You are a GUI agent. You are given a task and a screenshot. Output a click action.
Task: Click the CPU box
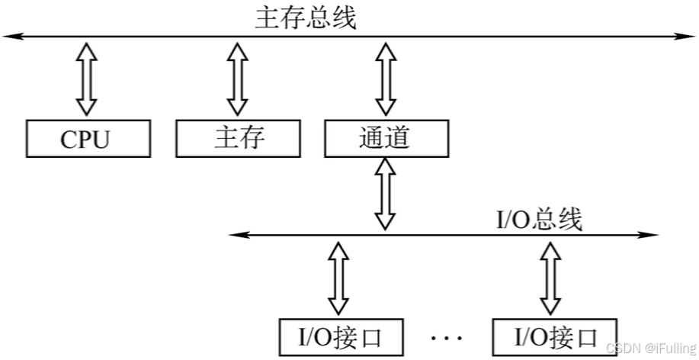[x=85, y=138]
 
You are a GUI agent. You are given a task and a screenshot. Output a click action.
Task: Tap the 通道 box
[x=386, y=138]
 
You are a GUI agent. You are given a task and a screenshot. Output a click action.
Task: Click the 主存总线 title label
[x=305, y=17]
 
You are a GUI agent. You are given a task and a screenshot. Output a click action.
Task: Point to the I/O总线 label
[x=539, y=220]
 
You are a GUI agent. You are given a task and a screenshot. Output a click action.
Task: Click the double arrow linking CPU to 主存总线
[x=87, y=79]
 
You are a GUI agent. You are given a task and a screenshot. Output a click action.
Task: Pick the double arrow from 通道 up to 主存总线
[x=386, y=79]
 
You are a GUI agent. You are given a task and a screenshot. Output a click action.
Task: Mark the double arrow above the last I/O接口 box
[x=549, y=275]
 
